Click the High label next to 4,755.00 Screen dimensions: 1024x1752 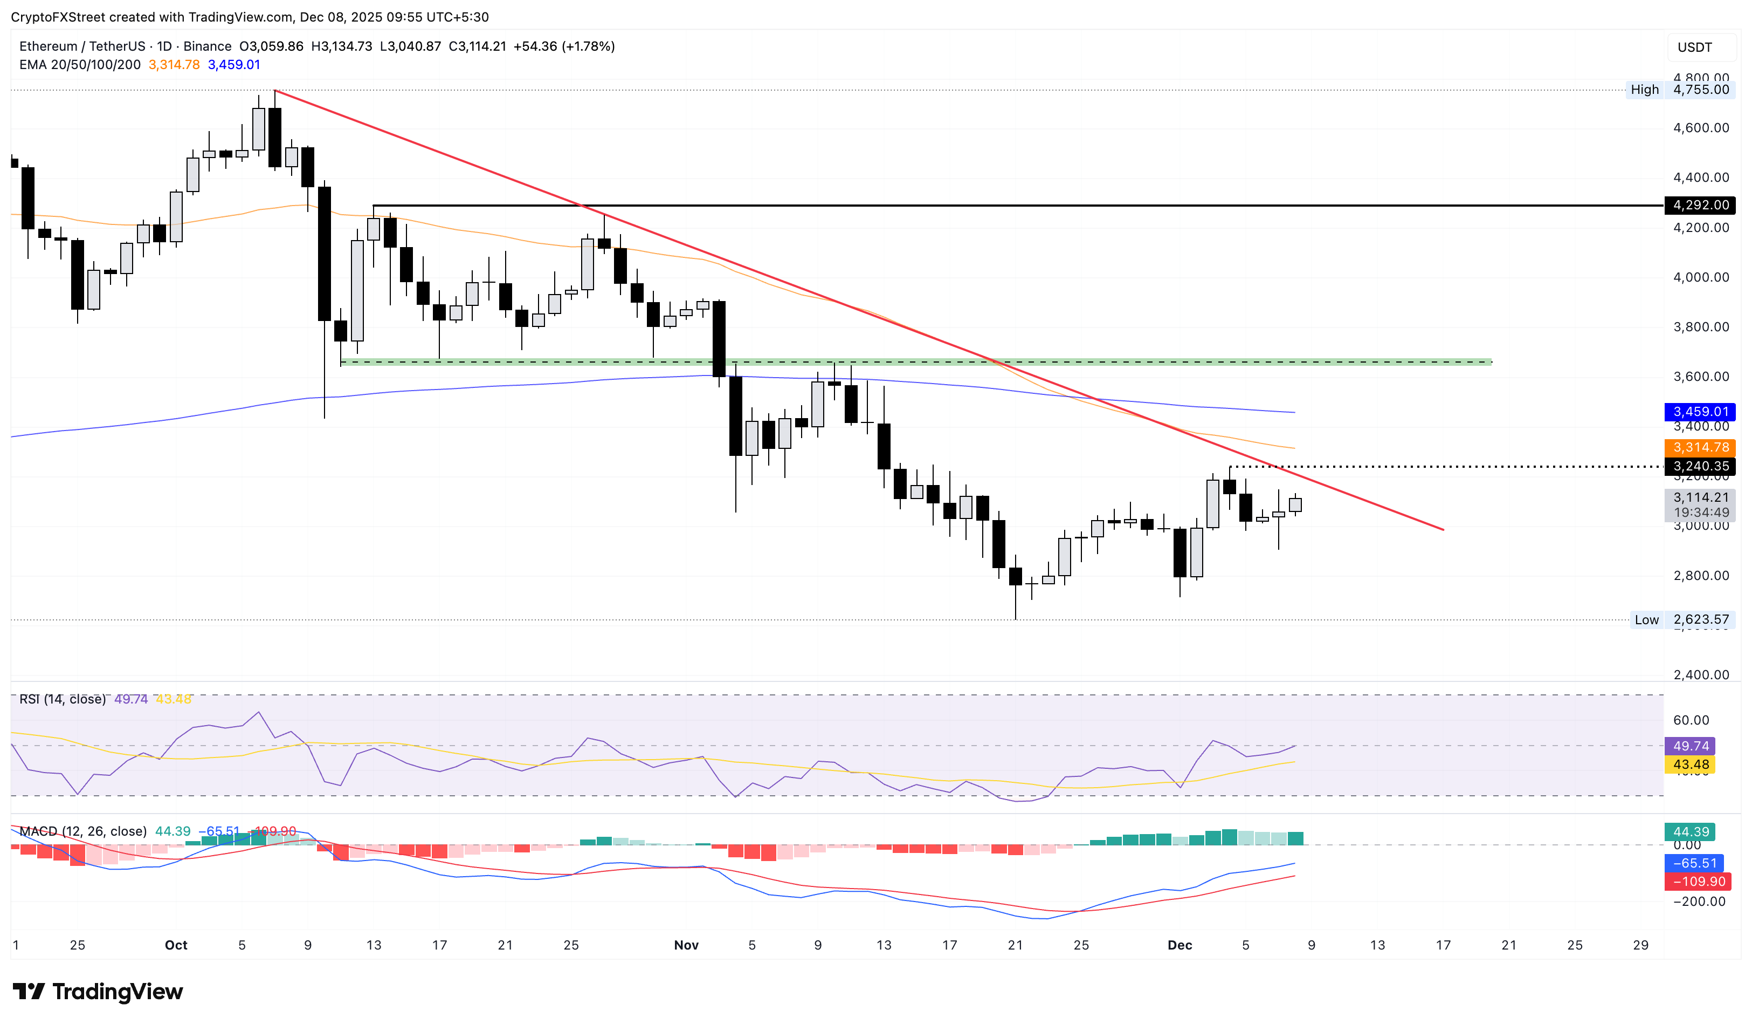[1644, 90]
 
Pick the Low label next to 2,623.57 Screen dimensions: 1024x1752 [1646, 620]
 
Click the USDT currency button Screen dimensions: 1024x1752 [1694, 47]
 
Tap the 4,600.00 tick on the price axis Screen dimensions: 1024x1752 [1701, 128]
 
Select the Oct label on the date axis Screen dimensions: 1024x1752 [176, 945]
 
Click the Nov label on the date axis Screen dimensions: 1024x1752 [686, 945]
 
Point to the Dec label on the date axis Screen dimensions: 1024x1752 [1180, 945]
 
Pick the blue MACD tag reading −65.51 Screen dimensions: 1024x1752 [1694, 863]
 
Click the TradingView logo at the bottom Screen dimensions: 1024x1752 [98, 991]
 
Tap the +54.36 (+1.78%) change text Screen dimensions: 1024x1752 [564, 46]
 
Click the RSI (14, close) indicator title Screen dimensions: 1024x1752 [63, 699]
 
